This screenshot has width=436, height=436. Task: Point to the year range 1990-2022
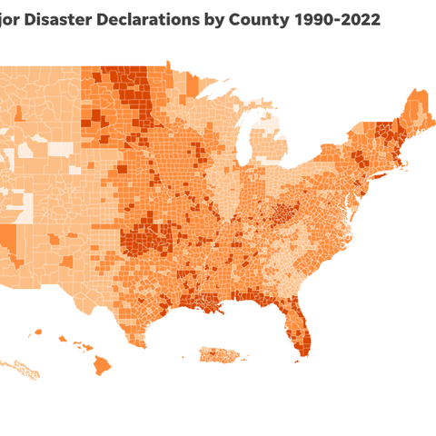click(343, 18)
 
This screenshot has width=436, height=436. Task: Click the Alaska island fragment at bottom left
click(27, 370)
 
